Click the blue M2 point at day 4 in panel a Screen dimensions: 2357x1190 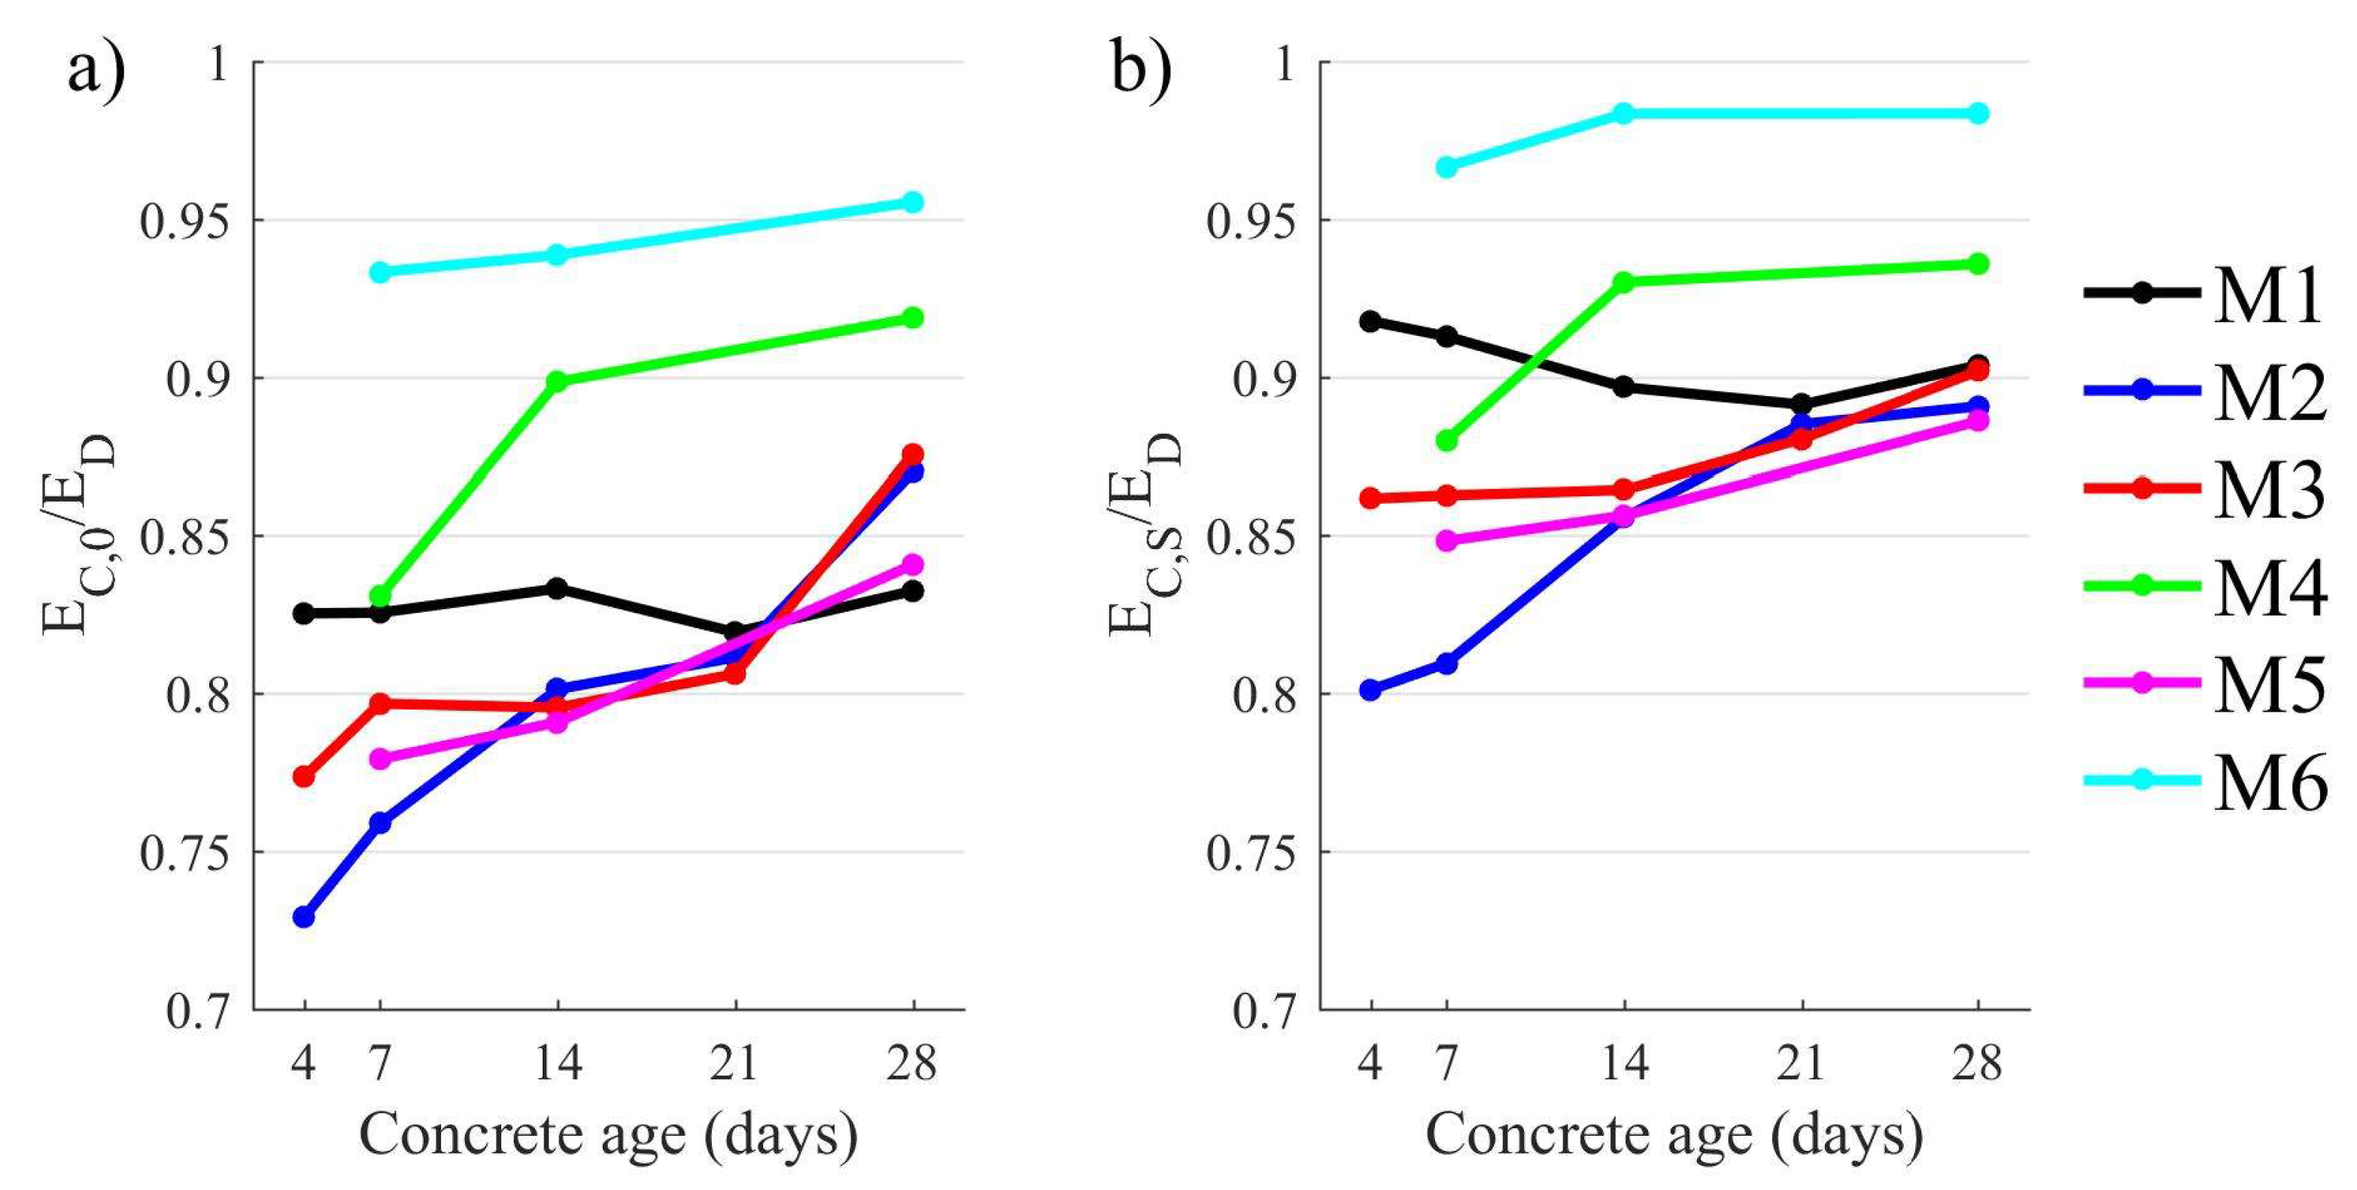tap(304, 917)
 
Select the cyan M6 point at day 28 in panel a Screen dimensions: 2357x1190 tap(913, 201)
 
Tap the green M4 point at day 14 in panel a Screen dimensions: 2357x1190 tap(556, 381)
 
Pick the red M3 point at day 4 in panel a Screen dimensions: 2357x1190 tap(304, 777)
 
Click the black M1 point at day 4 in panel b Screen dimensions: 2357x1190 tap(1370, 322)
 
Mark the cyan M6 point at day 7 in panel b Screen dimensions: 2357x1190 tap(1446, 166)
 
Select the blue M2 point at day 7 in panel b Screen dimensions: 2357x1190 tap(1446, 663)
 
